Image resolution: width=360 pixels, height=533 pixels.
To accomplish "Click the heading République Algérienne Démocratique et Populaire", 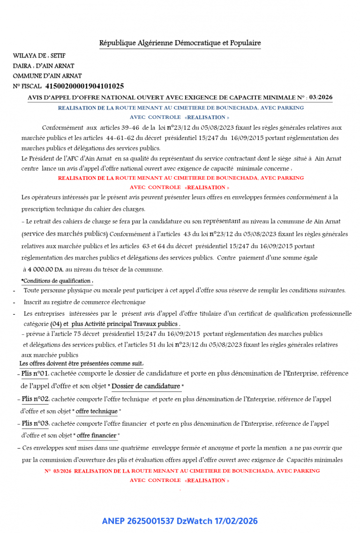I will (180, 43).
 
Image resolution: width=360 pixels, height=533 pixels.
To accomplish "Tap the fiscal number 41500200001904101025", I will (84, 86).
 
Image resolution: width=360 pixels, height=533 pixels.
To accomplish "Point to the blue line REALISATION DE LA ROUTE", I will (180, 108).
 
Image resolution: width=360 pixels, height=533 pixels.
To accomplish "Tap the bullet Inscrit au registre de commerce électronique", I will (84, 302).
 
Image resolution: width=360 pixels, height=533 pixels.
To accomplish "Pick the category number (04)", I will (55, 324).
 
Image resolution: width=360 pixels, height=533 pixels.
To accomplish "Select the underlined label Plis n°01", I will (35, 374).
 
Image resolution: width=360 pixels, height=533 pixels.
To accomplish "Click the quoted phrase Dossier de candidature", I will (146, 386).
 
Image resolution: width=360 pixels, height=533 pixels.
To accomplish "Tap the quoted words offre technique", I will (97, 411).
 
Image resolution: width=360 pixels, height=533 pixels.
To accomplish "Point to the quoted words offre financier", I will (97, 436).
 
